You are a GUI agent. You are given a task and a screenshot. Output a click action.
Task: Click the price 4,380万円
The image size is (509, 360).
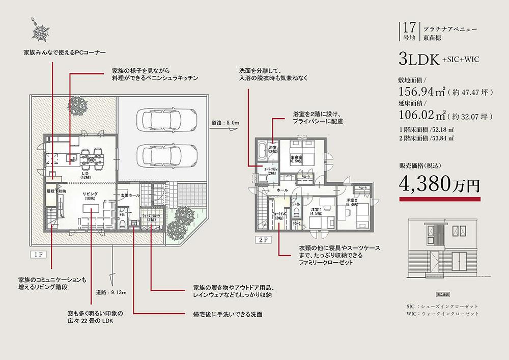(x=440, y=184)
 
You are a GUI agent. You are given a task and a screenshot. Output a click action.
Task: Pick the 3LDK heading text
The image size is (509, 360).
(x=420, y=59)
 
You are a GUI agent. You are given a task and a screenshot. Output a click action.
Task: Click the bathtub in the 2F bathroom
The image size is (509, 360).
(x=262, y=151)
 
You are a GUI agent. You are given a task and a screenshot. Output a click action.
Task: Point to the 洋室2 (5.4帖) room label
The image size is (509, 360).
(x=350, y=202)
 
